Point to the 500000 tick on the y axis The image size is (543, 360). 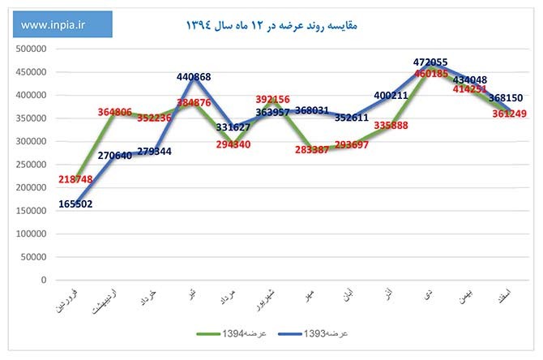click(31, 48)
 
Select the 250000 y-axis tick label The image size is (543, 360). click(31, 164)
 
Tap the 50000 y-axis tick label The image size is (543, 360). click(33, 257)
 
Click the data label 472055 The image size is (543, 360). click(431, 62)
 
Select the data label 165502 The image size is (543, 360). click(75, 204)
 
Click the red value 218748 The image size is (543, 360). click(75, 178)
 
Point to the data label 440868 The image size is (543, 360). click(194, 77)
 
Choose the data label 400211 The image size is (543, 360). click(392, 95)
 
